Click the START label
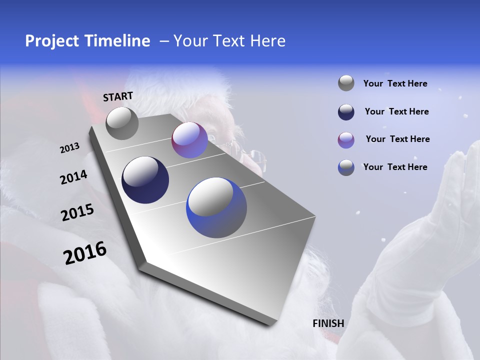[x=118, y=96]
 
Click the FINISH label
[x=328, y=323]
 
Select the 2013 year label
[x=69, y=148]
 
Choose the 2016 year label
[x=85, y=253]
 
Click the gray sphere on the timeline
[x=122, y=123]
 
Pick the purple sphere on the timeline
[x=189, y=140]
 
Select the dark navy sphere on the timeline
[x=145, y=180]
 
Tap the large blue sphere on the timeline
[x=216, y=207]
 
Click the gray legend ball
[x=346, y=83]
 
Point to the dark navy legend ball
[x=346, y=112]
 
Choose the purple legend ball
[x=346, y=140]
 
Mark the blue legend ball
[x=346, y=167]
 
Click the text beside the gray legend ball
[x=395, y=83]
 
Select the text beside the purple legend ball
[x=397, y=139]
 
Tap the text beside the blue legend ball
[x=395, y=167]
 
